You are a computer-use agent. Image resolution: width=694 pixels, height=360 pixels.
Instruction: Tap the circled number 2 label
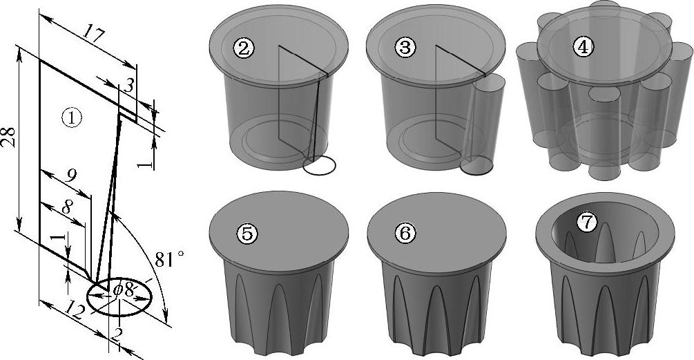(x=243, y=48)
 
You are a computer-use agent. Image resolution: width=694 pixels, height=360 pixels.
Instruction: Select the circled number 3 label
(x=405, y=48)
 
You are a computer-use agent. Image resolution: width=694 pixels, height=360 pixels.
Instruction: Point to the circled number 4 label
(x=584, y=48)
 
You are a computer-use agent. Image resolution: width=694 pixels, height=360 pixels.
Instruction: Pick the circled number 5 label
(x=247, y=234)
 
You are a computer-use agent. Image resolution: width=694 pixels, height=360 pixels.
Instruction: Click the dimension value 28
(x=9, y=138)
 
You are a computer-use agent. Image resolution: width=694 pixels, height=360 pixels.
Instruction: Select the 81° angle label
(x=169, y=258)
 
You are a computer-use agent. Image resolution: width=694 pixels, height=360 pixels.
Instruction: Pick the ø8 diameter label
(x=124, y=290)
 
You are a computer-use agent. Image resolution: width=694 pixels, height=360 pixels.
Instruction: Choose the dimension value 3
(x=128, y=85)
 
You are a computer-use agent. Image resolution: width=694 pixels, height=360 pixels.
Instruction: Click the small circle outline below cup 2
(x=319, y=165)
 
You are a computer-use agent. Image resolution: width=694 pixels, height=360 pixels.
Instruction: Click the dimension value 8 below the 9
(x=66, y=207)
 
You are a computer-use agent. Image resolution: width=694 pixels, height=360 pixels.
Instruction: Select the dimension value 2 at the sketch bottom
(x=116, y=336)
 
